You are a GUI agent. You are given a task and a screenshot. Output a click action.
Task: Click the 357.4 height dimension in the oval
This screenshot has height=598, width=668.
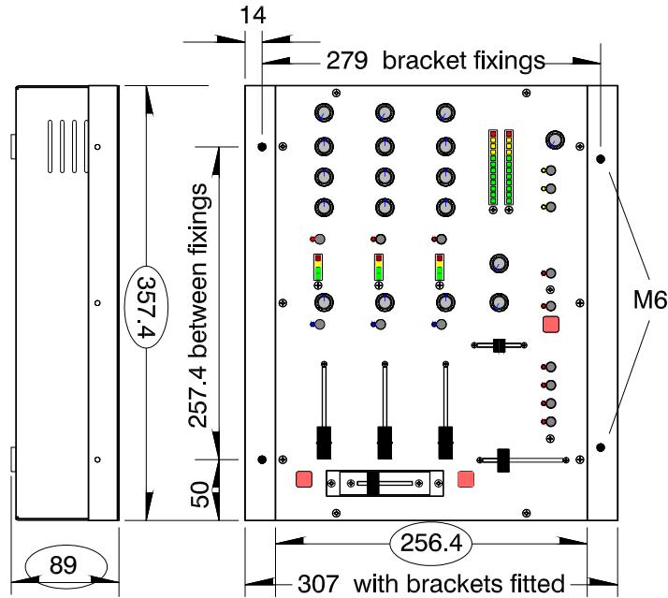[146, 306]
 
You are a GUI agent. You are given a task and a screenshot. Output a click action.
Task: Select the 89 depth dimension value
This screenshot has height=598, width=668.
[64, 565]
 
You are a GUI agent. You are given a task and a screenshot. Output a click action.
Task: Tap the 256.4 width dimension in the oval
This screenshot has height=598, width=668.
[431, 543]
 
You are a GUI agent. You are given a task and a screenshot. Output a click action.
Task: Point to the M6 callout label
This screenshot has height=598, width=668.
[650, 299]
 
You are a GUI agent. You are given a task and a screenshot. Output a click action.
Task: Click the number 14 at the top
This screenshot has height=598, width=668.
[254, 15]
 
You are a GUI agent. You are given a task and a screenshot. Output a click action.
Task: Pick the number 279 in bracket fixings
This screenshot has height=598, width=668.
[347, 60]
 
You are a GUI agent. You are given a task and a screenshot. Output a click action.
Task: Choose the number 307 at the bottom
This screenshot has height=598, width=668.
[319, 584]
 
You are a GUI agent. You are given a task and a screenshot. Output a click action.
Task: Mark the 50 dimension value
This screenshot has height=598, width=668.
[200, 494]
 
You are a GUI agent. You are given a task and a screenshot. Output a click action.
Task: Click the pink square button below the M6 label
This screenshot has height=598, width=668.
[551, 325]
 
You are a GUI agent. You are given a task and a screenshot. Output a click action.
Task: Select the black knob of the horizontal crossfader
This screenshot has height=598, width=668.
[372, 483]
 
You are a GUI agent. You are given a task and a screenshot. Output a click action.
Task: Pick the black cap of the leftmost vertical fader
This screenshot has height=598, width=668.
[324, 443]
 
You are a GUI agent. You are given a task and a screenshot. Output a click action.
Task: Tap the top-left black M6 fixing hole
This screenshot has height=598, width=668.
[262, 147]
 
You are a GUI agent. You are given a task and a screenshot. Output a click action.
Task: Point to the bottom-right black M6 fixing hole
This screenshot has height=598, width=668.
[601, 447]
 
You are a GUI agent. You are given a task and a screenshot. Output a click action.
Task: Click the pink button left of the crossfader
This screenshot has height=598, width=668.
[304, 479]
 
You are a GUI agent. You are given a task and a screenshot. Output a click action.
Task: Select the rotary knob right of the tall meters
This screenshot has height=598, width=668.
[555, 139]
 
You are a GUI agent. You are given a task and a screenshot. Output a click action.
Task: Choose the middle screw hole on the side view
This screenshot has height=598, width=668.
[97, 303]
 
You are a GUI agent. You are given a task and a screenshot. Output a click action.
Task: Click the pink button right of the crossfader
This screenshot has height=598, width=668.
[466, 479]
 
